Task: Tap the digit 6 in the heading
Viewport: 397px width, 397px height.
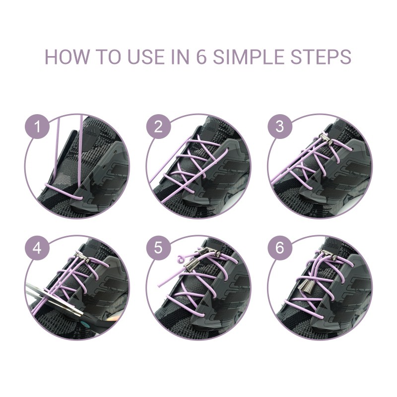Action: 201,57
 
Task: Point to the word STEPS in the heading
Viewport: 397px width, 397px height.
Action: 321,57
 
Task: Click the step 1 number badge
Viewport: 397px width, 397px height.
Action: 37,127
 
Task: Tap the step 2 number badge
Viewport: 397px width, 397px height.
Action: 158,127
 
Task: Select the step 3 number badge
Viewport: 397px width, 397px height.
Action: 279,127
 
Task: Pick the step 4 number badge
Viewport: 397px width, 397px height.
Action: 37,248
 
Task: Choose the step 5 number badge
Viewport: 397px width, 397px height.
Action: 158,248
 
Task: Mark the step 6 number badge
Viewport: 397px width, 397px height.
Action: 279,248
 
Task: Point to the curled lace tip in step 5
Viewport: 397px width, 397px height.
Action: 181,259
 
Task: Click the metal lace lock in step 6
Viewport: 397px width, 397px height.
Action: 329,255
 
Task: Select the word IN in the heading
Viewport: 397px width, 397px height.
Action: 181,57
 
